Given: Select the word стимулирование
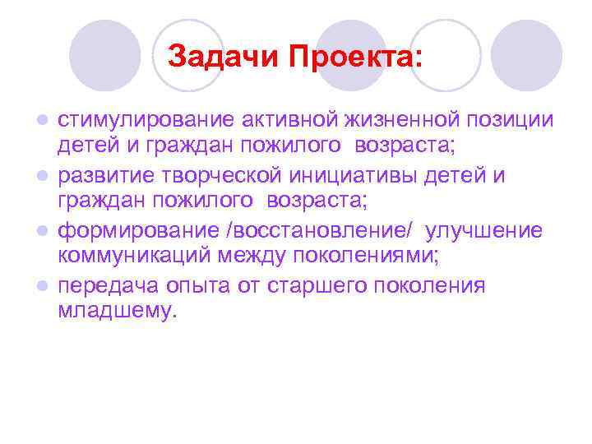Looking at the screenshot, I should [x=145, y=121].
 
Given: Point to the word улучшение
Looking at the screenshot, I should [x=484, y=230].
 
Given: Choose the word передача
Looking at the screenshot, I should [x=104, y=285].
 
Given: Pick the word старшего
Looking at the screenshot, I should [x=308, y=285].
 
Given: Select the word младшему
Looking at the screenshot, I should [x=117, y=312].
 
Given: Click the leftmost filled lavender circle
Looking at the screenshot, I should [x=104, y=56].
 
